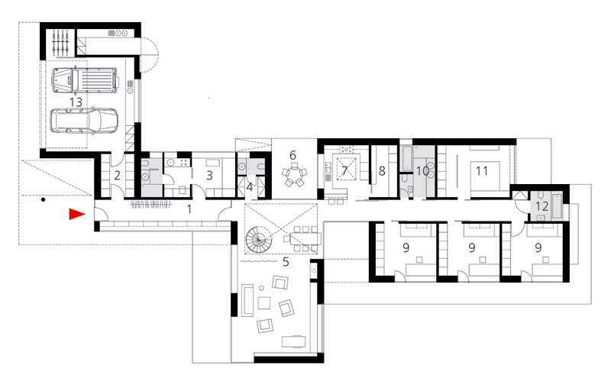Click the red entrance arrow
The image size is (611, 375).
tap(77, 214)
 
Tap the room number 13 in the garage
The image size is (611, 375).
tap(76, 102)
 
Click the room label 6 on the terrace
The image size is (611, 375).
tap(293, 155)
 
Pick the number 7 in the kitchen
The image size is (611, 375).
tap(344, 171)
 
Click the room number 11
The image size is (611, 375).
tap(482, 171)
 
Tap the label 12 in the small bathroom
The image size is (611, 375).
tap(542, 205)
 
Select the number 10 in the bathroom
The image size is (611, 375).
tap(422, 171)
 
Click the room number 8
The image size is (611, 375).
tap(382, 171)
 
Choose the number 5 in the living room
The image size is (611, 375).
tap(286, 262)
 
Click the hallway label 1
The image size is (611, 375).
tap(189, 210)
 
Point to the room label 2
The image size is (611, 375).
tap(118, 176)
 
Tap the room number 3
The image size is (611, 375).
tap(209, 176)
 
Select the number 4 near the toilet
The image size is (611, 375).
tap(250, 187)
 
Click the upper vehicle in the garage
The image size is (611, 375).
tap(85, 80)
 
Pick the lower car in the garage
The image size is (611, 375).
tap(85, 121)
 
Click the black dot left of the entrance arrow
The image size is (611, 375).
tap(44, 200)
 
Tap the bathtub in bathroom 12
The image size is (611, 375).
tap(558, 205)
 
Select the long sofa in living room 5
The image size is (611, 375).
tap(247, 300)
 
